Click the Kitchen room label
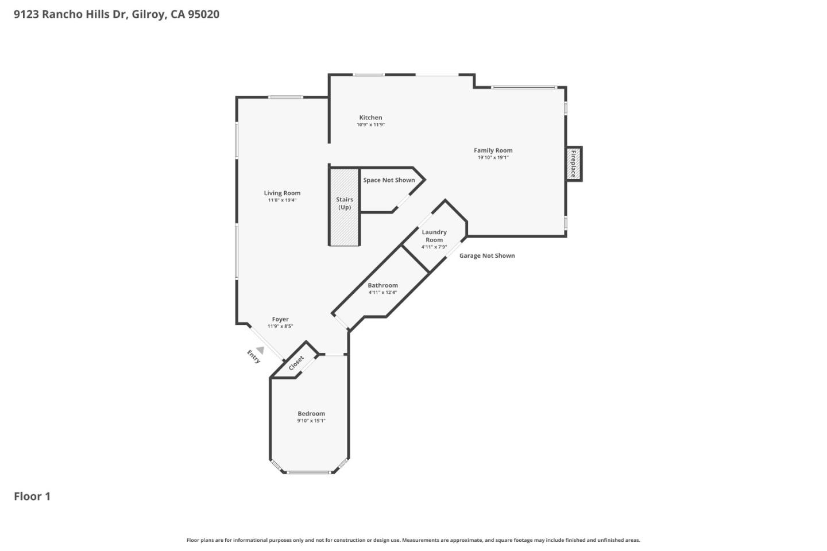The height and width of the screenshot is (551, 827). coord(370,117)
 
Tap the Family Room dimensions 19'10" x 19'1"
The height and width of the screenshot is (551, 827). coord(493,157)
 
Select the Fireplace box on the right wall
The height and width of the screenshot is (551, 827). coord(574,164)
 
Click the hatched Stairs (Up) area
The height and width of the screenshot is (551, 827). coord(345,207)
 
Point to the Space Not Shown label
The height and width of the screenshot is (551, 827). coord(389,180)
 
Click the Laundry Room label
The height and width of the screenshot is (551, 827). coord(434,236)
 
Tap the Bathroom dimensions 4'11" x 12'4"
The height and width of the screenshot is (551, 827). coord(383,292)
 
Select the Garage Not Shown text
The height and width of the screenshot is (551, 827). coord(487,255)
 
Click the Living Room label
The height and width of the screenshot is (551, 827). coord(282,193)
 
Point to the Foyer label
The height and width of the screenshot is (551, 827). coord(280,319)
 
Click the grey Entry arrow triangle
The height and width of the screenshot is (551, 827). coord(260,350)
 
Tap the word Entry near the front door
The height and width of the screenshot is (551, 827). coord(254,356)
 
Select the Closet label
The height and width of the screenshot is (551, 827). coord(296,363)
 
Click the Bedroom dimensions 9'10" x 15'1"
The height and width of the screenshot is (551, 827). coord(311,421)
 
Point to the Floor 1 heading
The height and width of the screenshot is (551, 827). coord(32,496)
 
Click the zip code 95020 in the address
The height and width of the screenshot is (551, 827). coord(204,14)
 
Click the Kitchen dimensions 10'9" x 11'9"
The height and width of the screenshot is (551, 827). coord(370,125)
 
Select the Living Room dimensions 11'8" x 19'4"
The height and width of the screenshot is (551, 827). coord(282,200)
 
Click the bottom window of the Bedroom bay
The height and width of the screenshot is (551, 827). coord(308,472)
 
